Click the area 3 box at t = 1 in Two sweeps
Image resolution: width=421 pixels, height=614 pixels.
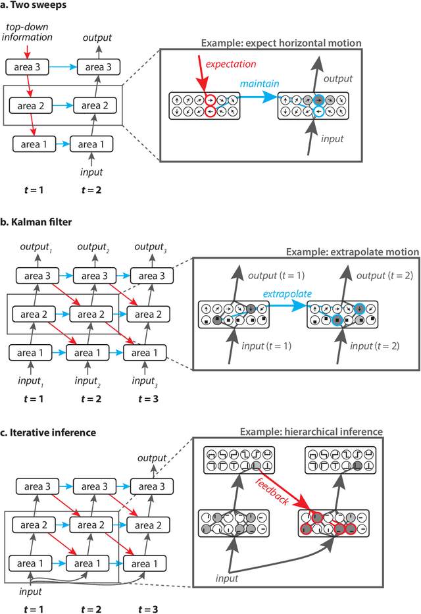click(26, 66)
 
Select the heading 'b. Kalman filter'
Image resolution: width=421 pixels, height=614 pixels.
click(38, 222)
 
